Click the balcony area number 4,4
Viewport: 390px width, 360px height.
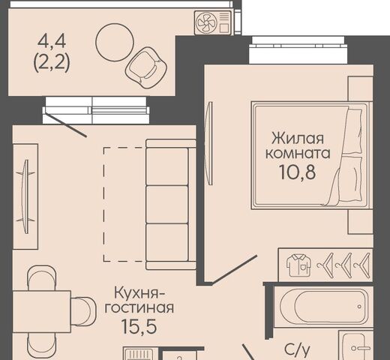point(52,42)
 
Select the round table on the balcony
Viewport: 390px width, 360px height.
point(115,42)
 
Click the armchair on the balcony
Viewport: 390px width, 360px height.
point(146,67)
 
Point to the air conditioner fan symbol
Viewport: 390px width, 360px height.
point(205,22)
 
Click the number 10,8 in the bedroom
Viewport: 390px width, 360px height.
point(297,172)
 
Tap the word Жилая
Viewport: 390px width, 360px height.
point(298,138)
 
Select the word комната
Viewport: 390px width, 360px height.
point(298,153)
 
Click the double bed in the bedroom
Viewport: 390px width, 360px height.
point(311,155)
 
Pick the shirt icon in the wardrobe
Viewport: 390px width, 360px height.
point(299,265)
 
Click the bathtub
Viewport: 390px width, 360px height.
point(324,307)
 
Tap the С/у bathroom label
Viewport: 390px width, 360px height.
point(297,350)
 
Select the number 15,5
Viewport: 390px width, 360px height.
point(139,326)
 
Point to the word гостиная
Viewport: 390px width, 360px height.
point(139,308)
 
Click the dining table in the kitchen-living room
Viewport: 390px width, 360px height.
point(41,312)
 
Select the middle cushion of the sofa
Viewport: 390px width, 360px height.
point(166,205)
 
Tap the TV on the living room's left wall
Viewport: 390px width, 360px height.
point(25,197)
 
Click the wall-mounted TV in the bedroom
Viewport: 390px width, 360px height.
point(209,143)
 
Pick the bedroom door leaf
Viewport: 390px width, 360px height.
point(234,270)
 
